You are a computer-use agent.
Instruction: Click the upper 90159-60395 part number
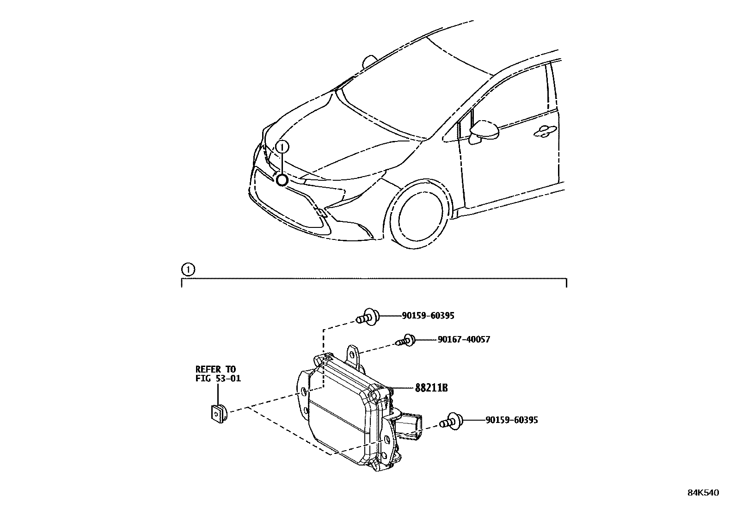click(x=428, y=316)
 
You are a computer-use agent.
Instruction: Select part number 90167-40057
click(x=464, y=339)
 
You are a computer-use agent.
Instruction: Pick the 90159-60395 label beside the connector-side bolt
click(x=511, y=420)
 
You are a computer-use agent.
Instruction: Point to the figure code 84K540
click(x=703, y=493)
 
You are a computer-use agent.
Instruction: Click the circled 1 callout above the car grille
click(x=282, y=147)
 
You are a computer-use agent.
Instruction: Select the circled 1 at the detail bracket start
click(x=188, y=269)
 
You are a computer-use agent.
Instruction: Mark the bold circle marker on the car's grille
click(x=282, y=180)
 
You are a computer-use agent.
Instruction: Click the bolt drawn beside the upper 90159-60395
click(x=368, y=317)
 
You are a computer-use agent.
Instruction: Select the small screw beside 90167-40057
click(x=405, y=341)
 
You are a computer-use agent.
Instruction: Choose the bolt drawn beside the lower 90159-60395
click(x=451, y=422)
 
